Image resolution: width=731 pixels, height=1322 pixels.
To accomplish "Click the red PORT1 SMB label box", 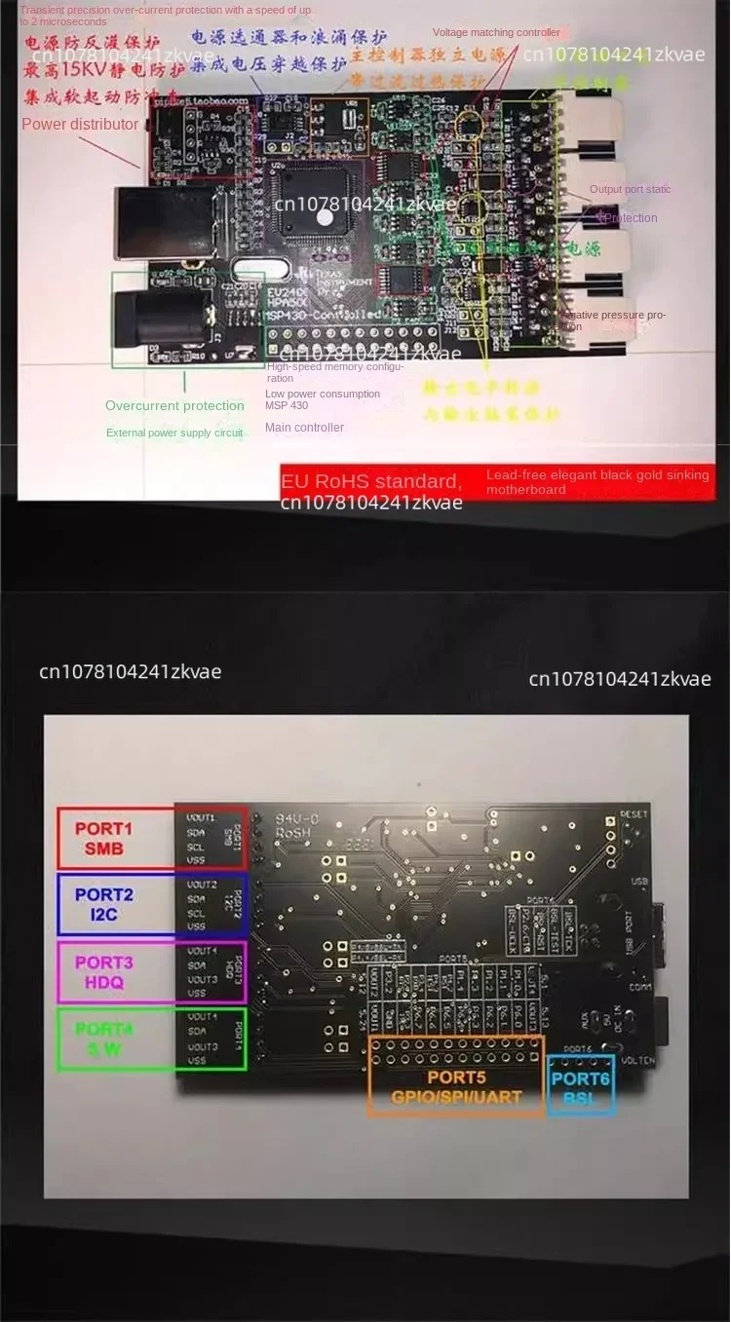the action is pos(103,838).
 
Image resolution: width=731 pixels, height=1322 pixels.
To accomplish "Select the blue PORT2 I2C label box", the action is pos(103,904).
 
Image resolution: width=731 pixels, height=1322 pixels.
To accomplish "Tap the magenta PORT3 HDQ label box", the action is pos(103,971).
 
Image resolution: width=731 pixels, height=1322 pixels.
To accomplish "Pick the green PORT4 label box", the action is pos(103,1039).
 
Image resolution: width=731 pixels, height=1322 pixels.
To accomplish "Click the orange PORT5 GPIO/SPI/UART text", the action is pos(456,1087).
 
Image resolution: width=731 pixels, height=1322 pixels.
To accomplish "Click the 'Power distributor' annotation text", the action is pos(80,125).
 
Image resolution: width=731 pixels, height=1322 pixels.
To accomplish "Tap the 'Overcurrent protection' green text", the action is pos(174,406).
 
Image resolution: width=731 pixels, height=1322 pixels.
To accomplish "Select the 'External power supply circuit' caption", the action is pos(174,433).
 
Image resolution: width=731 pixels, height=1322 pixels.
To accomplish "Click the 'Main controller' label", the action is pos(304,428).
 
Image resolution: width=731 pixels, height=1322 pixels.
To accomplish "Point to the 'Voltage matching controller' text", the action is pos(496,33).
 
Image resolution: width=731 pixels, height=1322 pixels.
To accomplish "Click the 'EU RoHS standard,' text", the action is pos(370,481).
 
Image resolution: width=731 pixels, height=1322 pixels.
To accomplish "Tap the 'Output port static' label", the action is pos(630,189).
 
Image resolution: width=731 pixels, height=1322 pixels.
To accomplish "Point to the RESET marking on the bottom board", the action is pos(634,813).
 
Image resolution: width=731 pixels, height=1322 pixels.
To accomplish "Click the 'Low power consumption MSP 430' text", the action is pos(322,399).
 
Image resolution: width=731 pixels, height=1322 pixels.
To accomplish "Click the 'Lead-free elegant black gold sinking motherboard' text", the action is pos(595,482).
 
